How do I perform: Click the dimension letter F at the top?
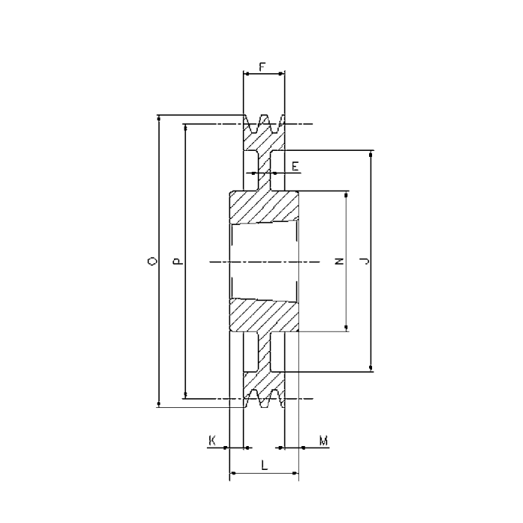[263, 66]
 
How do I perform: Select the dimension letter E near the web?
[296, 165]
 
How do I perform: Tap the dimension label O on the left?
[152, 261]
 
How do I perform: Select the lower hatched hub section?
[263, 315]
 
